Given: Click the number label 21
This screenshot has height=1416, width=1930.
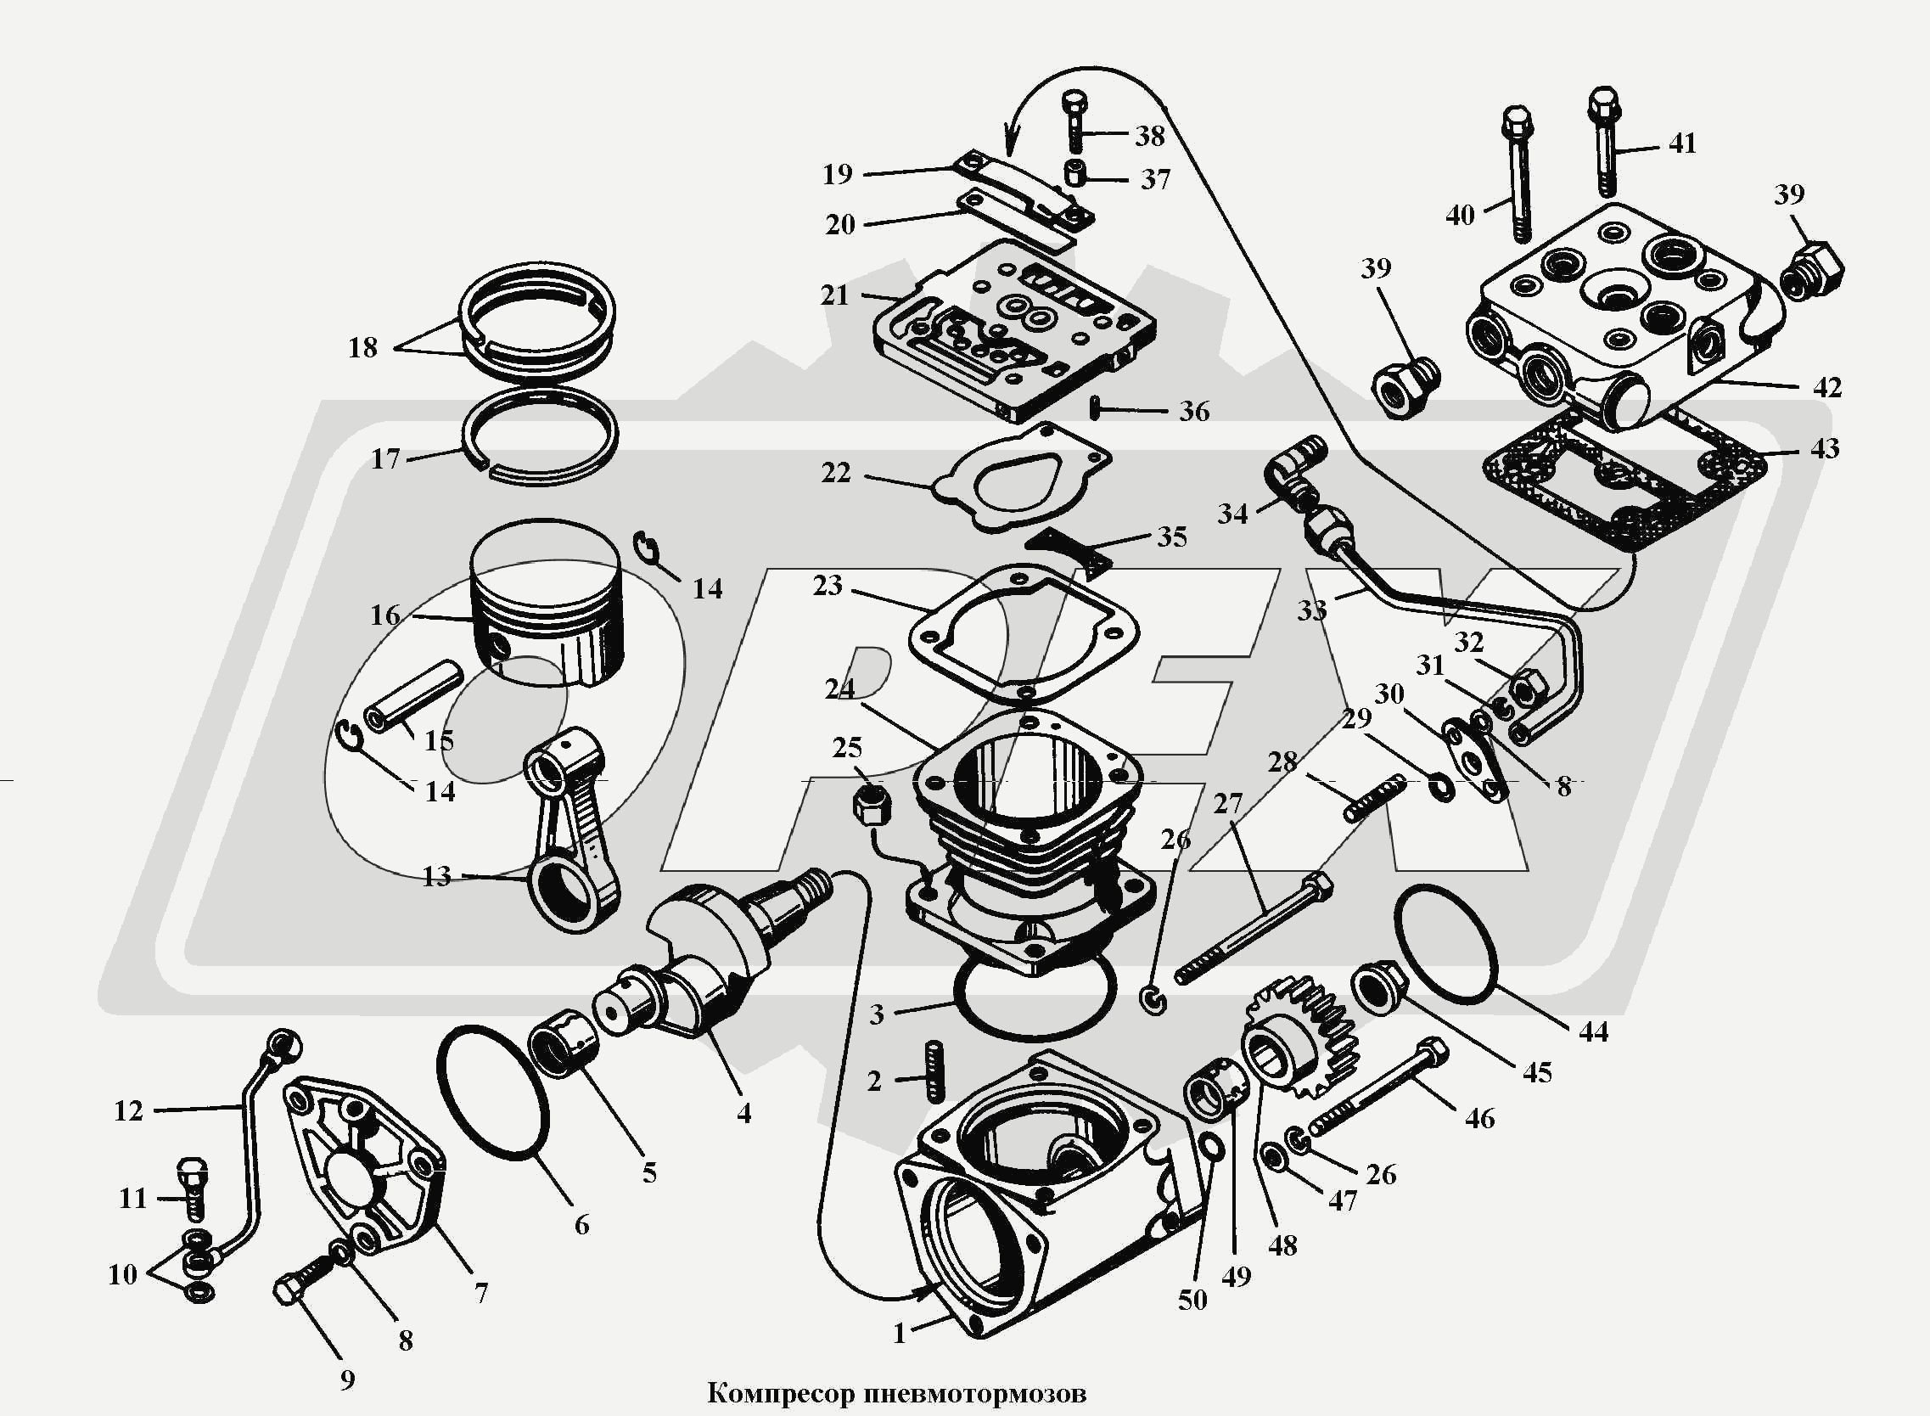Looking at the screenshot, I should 834,295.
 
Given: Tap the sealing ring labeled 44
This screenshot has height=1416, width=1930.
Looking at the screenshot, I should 1445,943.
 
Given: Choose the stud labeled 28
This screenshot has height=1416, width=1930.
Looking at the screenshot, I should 1375,797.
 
